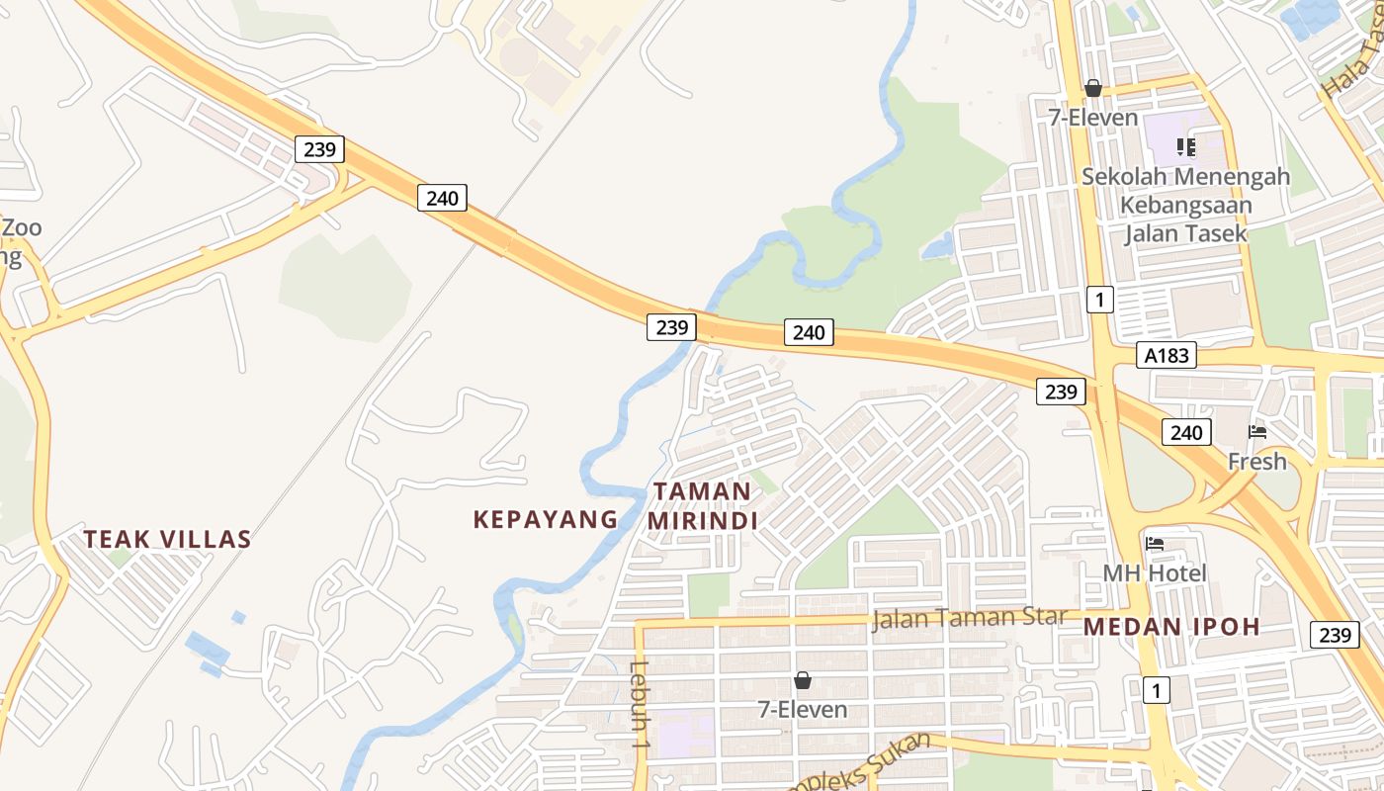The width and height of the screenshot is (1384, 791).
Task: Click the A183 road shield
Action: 1167,356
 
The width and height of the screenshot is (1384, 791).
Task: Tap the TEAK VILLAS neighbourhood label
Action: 167,540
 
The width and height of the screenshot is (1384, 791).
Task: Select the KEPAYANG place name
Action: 546,519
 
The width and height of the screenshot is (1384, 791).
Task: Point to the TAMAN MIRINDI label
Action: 703,506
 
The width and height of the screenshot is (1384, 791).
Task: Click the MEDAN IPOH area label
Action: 1171,627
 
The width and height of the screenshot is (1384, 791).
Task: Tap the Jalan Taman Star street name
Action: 969,618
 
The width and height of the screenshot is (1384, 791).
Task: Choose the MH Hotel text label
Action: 1155,573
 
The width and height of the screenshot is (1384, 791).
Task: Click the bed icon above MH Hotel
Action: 1155,544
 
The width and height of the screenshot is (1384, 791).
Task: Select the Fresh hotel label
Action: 1257,462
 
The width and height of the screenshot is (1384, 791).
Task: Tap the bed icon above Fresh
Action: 1257,432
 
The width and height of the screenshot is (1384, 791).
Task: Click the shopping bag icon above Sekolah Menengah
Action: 1093,88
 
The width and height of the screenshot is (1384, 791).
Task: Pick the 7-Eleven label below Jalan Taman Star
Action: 803,710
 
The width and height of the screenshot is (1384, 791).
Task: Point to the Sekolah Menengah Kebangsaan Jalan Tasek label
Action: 1185,205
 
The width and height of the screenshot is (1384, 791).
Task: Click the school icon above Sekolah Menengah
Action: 1186,147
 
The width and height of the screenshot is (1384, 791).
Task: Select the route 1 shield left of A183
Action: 1099,299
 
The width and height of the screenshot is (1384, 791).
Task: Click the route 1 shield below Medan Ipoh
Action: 1156,689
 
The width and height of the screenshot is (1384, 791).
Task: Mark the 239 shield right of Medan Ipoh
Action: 1335,634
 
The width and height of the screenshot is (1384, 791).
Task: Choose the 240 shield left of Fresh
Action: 1185,432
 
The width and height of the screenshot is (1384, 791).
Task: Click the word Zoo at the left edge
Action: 22,228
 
